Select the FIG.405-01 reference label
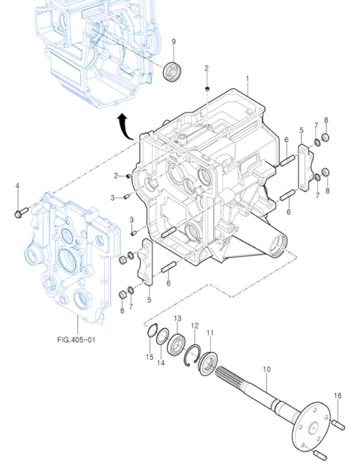coord(77,339)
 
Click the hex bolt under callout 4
coord(19,211)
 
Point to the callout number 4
coord(17,185)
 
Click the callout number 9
coord(173,42)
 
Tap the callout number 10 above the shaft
coord(266,369)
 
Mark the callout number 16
coord(337,395)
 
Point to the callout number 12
coord(194,326)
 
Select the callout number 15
coord(149,357)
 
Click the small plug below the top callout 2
coord(207,90)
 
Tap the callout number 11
coord(210,333)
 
